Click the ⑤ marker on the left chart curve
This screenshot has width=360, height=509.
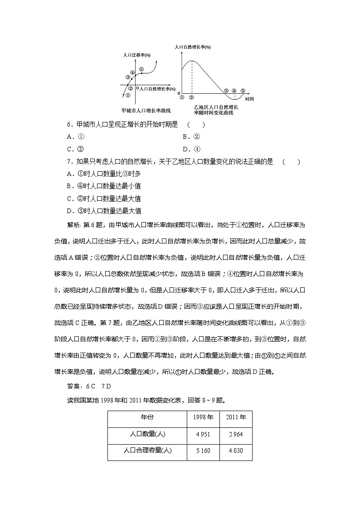(x=141, y=69)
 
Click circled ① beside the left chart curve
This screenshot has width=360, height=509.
(x=128, y=95)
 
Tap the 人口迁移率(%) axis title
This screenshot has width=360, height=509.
(x=137, y=55)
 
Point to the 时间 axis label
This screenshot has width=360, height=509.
(x=249, y=98)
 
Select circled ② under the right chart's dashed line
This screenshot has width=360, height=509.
(x=191, y=97)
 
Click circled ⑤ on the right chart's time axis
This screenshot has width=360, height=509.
(x=243, y=91)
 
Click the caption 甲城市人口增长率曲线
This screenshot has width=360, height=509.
(x=143, y=110)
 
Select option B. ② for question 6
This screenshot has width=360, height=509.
(x=191, y=137)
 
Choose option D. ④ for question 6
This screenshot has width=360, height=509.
(x=191, y=149)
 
